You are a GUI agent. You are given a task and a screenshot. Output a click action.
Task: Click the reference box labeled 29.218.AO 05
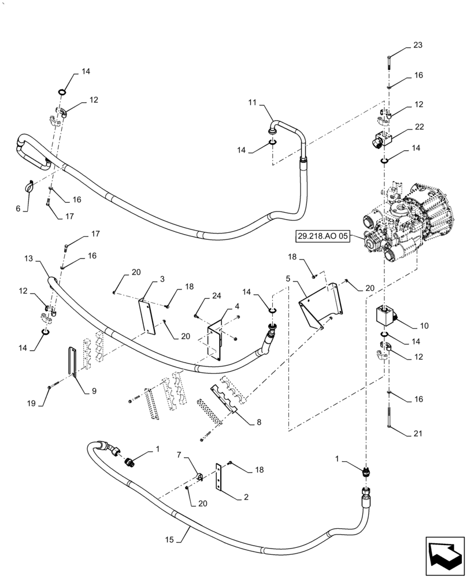pyautogui.click(x=323, y=236)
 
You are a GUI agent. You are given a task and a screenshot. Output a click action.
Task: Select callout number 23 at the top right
pyautogui.click(x=418, y=46)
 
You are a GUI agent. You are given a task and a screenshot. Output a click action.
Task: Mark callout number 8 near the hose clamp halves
pyautogui.click(x=258, y=422)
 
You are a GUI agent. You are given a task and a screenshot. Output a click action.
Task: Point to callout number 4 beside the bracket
pyautogui.click(x=238, y=306)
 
